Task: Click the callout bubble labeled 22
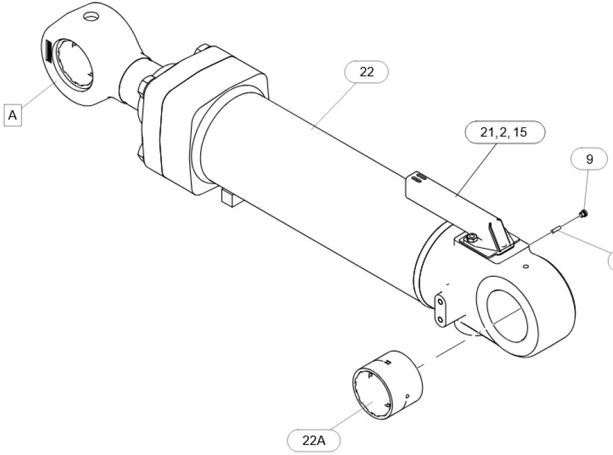click(366, 72)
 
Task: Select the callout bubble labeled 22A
click(313, 441)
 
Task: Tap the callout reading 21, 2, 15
click(504, 132)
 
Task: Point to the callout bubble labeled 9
click(590, 159)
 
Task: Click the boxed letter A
click(12, 116)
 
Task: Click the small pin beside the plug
click(555, 231)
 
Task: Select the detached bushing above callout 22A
click(387, 385)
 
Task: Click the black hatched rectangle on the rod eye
click(48, 51)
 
